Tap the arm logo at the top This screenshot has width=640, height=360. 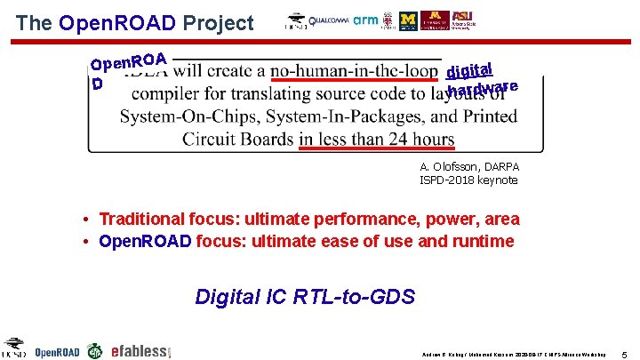click(x=365, y=20)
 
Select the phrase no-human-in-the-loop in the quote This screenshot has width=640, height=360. click(x=354, y=70)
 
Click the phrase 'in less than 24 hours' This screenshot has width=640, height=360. click(x=376, y=139)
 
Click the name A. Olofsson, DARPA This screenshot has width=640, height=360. click(x=469, y=167)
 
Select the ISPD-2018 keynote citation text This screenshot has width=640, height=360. click(x=468, y=180)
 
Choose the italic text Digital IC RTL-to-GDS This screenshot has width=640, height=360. click(x=305, y=296)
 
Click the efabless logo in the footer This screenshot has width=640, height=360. click(x=140, y=351)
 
